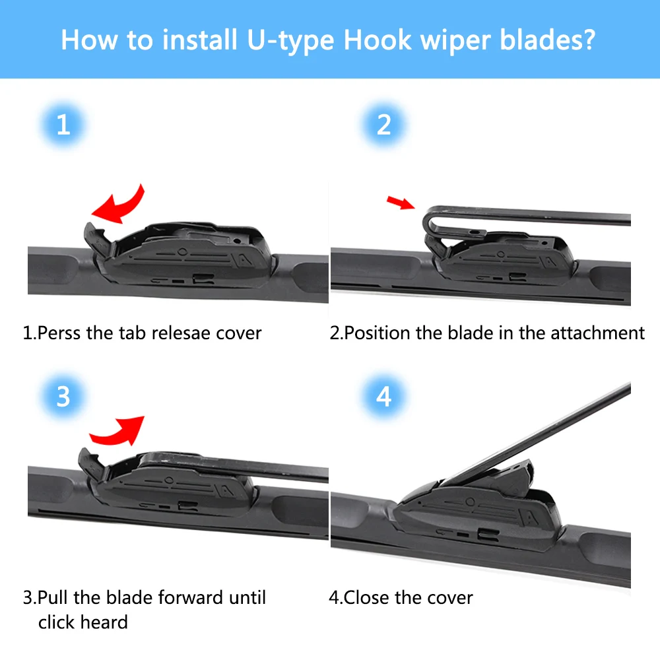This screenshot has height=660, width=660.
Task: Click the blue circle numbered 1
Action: coord(63,125)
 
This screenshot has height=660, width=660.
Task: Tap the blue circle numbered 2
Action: coord(383,125)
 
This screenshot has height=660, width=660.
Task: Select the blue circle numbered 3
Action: coord(63,397)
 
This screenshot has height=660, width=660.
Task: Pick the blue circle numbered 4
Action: coord(383,397)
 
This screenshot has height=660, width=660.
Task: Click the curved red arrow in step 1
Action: coord(122,206)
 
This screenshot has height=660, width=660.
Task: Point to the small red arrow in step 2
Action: coord(401,203)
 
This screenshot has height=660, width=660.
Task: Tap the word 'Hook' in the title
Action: coord(378,40)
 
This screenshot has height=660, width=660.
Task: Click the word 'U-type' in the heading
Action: coord(290,41)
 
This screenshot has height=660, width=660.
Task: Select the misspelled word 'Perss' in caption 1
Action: coord(59,333)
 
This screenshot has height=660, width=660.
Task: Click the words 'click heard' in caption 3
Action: coord(83,622)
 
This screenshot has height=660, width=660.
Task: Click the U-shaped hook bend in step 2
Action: coord(430,223)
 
